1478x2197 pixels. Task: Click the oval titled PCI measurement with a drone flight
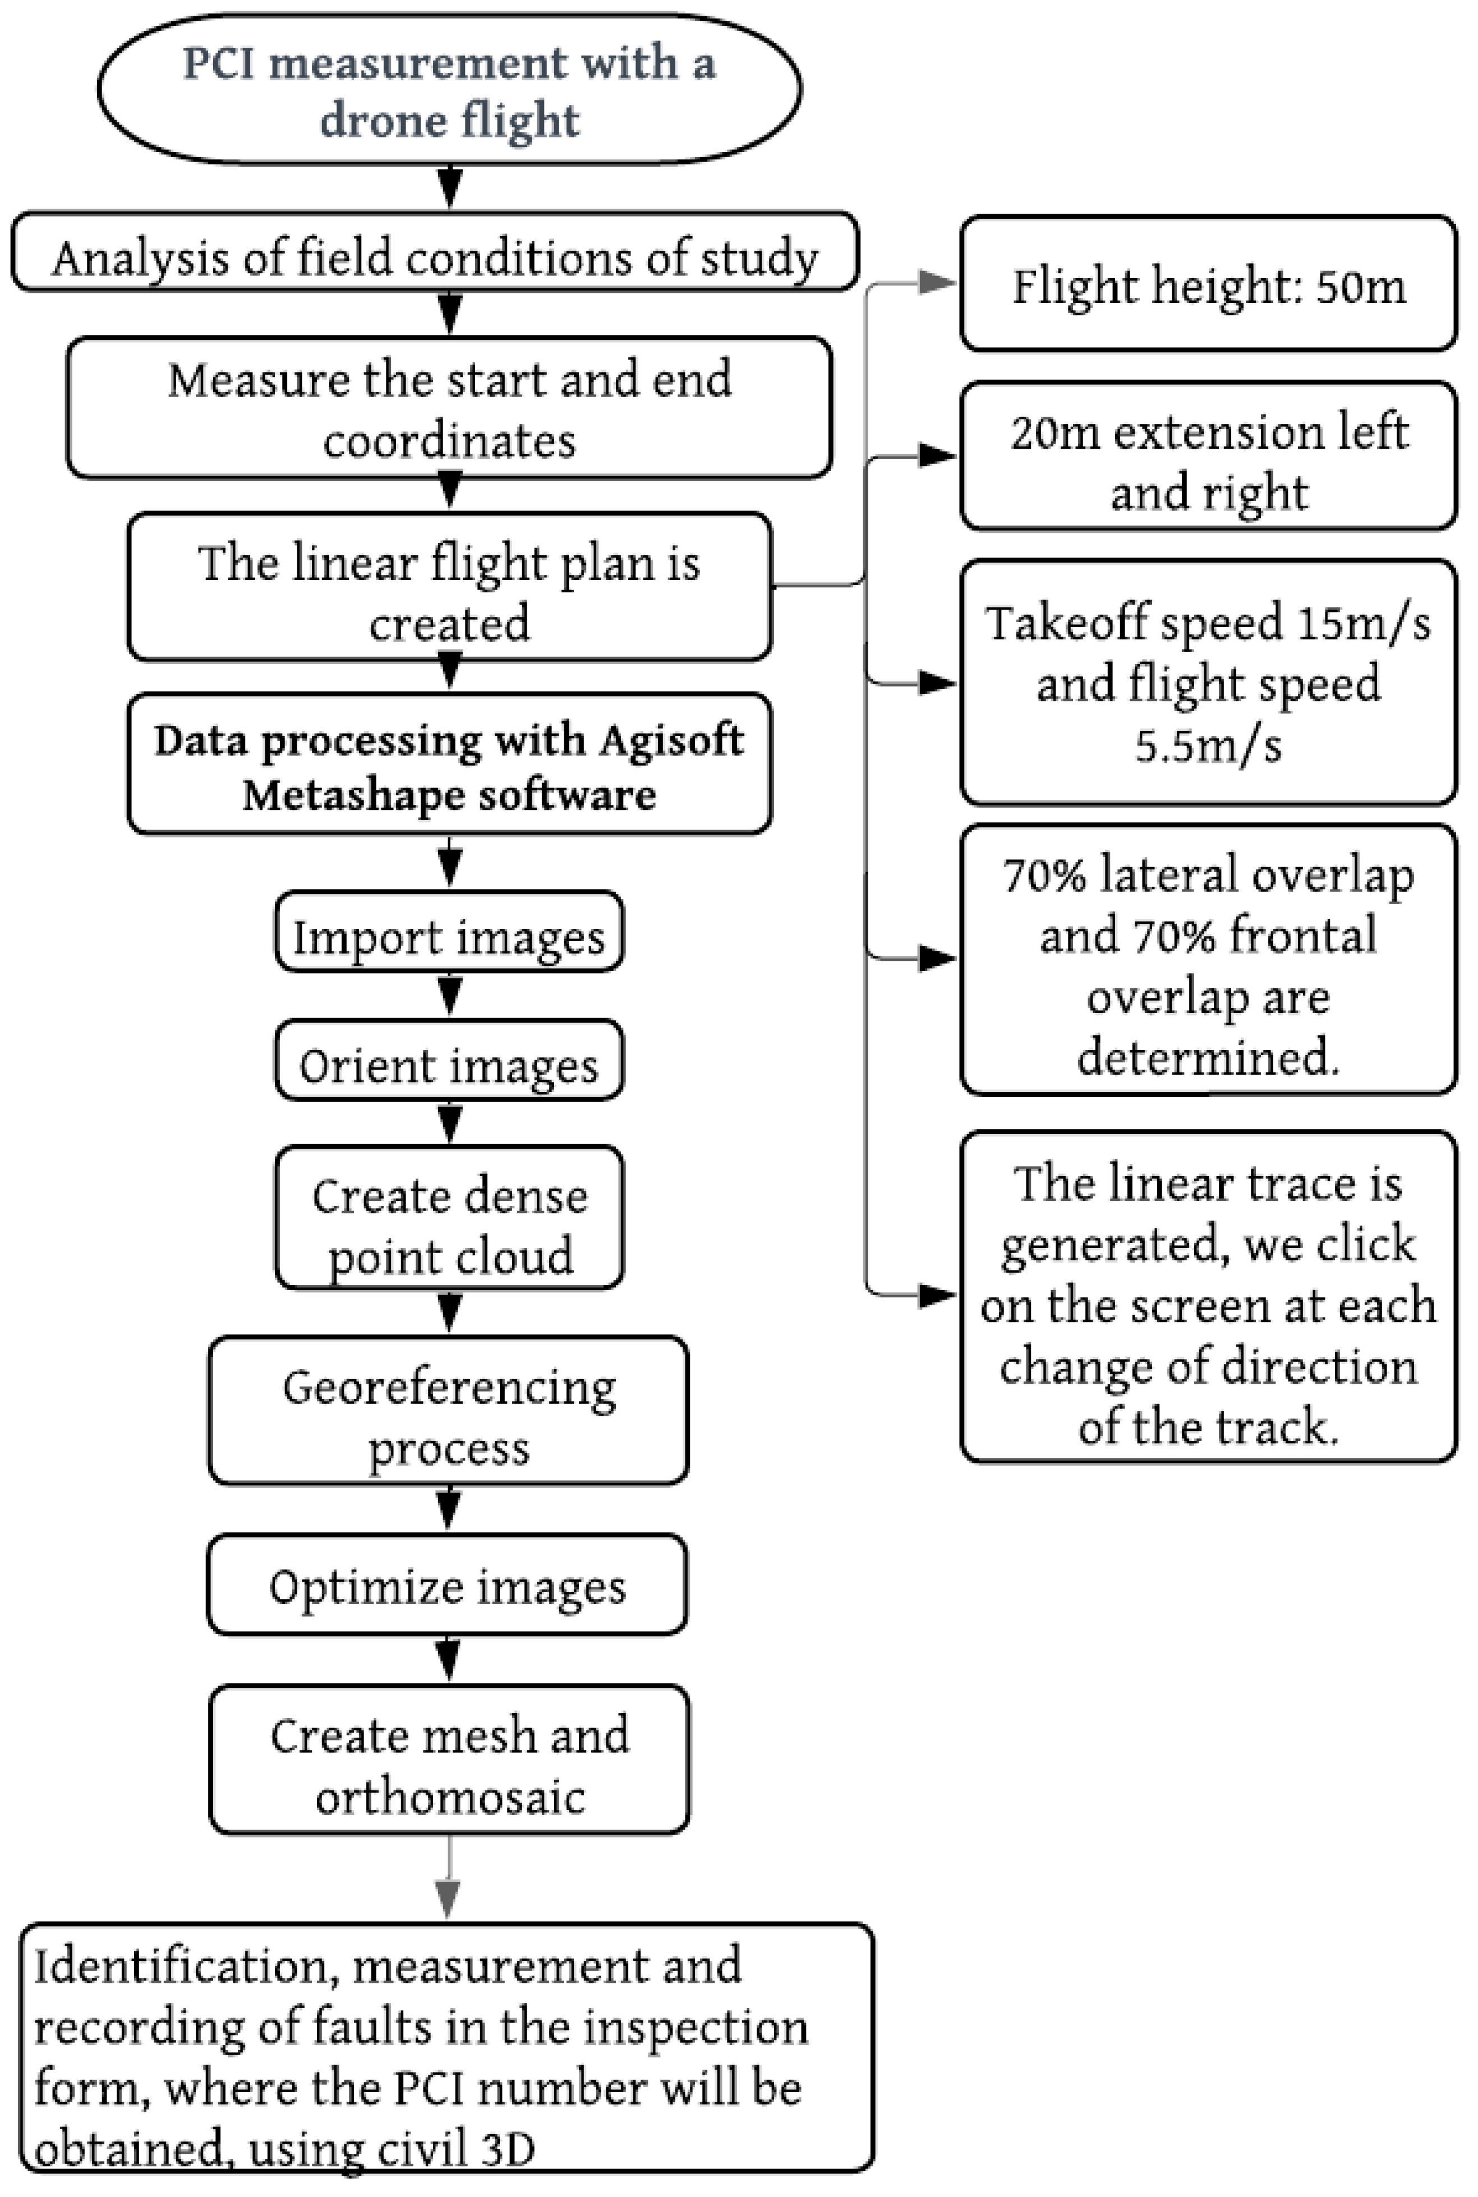[450, 90]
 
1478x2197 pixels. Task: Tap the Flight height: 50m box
[1208, 284]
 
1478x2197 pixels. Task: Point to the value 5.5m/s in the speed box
[1208, 745]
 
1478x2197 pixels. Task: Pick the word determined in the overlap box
[1208, 1057]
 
